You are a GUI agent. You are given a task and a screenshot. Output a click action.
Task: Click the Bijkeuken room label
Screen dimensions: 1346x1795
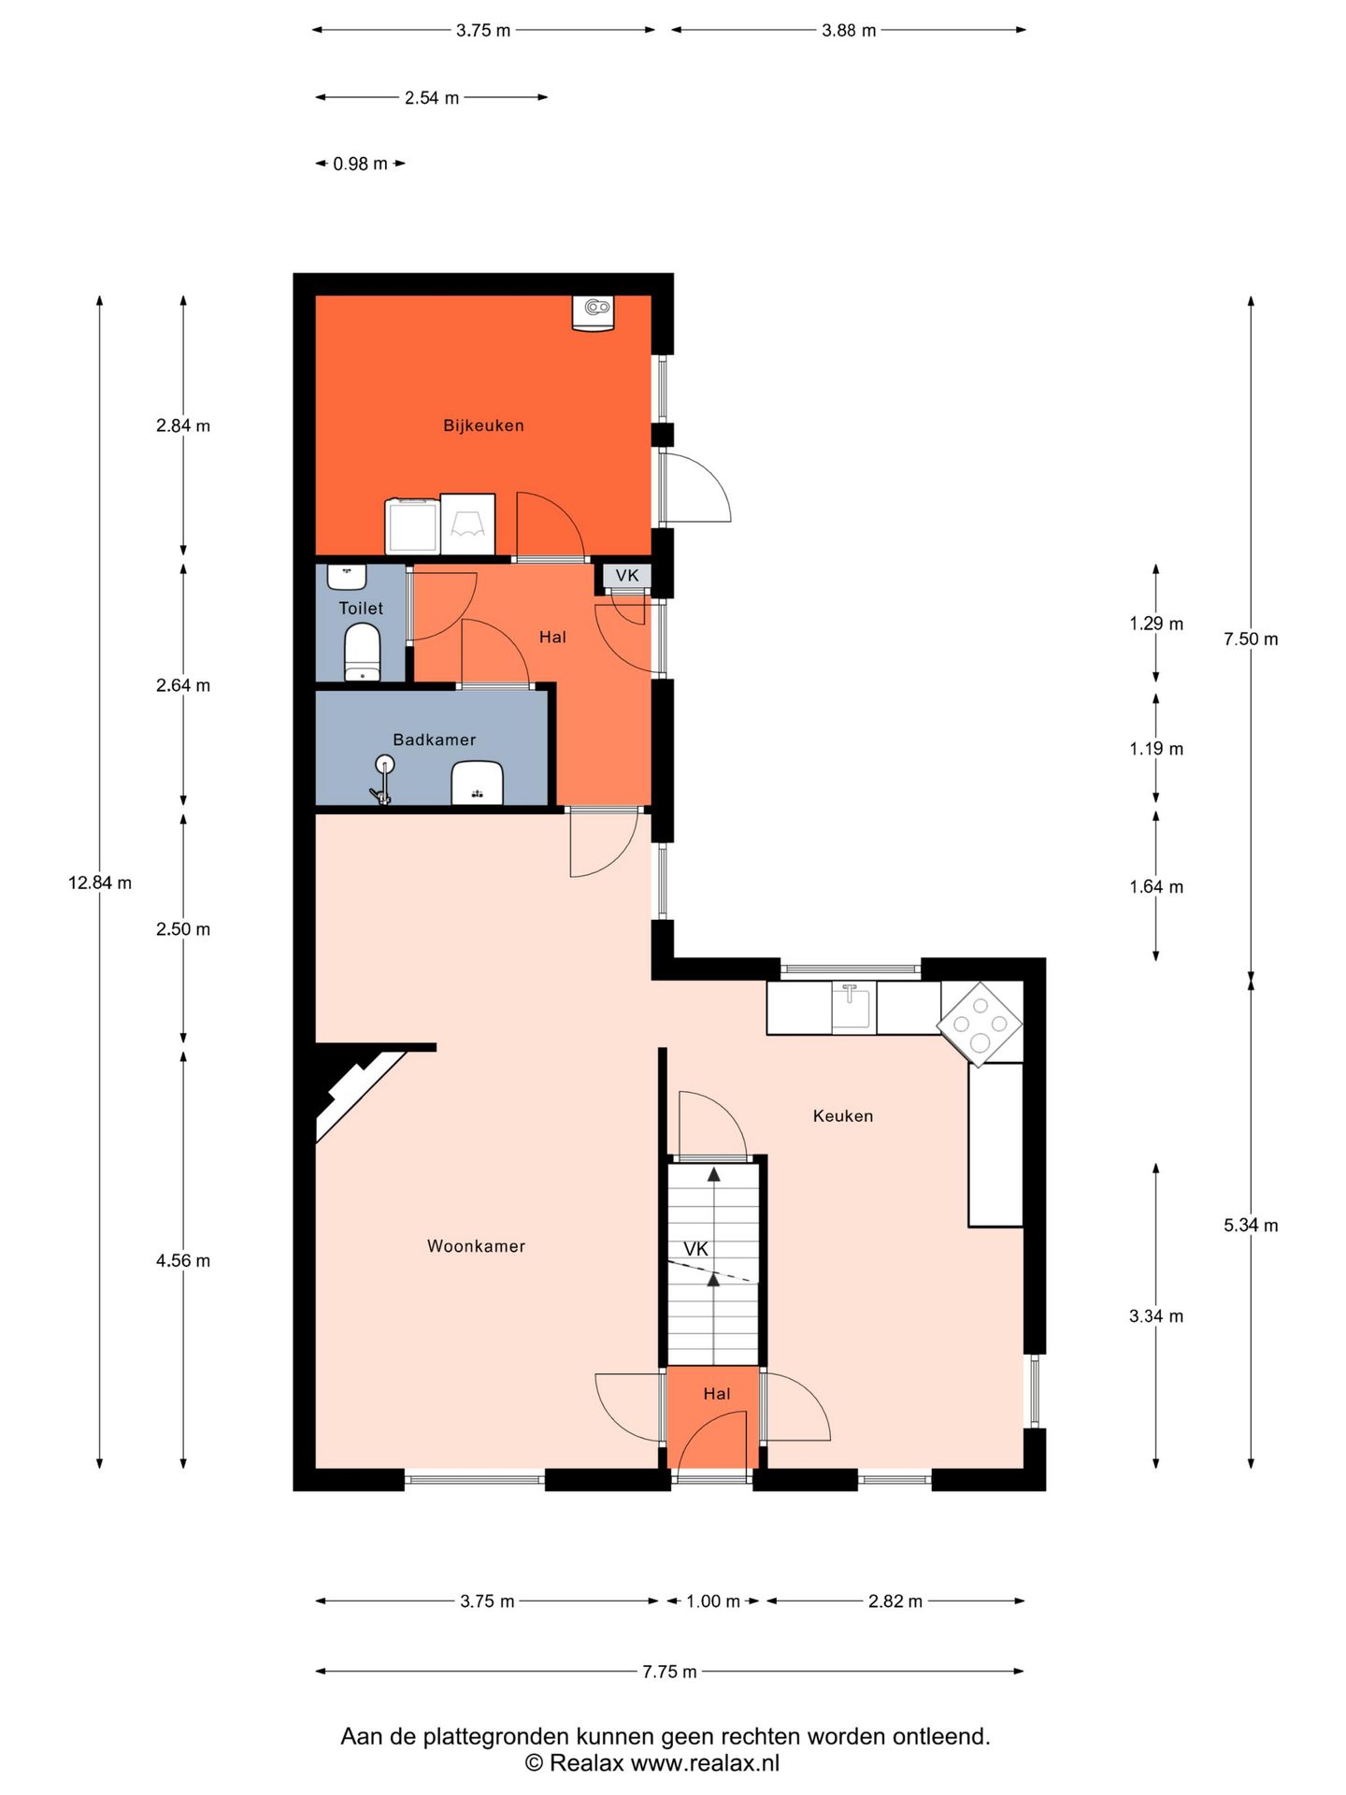pyautogui.click(x=483, y=425)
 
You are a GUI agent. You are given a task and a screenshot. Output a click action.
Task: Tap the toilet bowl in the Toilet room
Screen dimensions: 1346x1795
pyautogui.click(x=362, y=653)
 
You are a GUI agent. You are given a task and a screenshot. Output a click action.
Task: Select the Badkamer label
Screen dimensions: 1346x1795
pyautogui.click(x=435, y=740)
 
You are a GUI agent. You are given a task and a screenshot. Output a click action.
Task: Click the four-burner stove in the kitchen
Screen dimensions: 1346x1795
pyautogui.click(x=980, y=1023)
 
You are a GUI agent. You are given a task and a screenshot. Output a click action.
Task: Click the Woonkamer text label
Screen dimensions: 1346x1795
pyautogui.click(x=476, y=1246)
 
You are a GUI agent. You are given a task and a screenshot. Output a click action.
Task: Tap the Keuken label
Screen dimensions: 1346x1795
pyautogui.click(x=843, y=1115)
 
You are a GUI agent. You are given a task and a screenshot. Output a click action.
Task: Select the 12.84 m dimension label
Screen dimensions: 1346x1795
pyautogui.click(x=100, y=883)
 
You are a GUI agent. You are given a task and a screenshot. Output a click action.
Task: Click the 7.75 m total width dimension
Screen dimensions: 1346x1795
pyautogui.click(x=669, y=1672)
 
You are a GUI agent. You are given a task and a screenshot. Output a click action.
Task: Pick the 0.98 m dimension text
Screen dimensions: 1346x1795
pyautogui.click(x=360, y=164)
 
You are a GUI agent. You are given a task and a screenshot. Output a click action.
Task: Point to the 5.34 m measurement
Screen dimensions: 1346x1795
pyautogui.click(x=1251, y=1225)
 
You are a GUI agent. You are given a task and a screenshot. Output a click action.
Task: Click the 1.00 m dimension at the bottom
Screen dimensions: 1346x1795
pyautogui.click(x=713, y=1601)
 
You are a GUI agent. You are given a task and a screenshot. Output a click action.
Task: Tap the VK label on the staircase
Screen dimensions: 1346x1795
pyautogui.click(x=695, y=1249)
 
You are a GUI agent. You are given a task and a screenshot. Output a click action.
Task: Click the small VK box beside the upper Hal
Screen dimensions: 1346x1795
pyautogui.click(x=627, y=576)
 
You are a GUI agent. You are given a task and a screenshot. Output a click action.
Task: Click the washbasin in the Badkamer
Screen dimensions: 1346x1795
pyautogui.click(x=477, y=783)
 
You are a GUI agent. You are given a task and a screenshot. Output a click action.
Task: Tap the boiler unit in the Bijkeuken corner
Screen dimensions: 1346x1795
pyautogui.click(x=593, y=312)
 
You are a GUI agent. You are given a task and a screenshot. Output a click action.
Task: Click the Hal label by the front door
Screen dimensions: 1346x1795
pyautogui.click(x=717, y=1394)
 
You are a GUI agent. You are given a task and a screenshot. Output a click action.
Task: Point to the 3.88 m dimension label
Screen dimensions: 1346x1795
pyautogui.click(x=849, y=31)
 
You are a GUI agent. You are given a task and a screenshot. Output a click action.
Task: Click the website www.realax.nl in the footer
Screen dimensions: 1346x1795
pyautogui.click(x=705, y=1763)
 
